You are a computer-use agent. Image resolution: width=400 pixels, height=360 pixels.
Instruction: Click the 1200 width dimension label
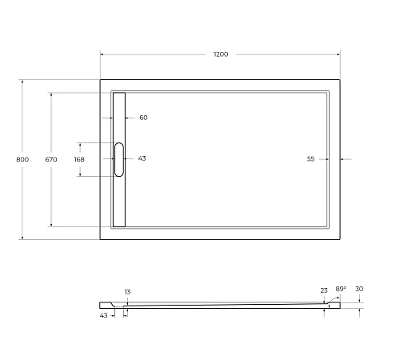(x=221, y=54)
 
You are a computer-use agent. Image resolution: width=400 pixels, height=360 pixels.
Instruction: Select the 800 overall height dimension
(x=22, y=159)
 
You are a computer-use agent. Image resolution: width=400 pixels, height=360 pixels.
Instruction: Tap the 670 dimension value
(x=51, y=159)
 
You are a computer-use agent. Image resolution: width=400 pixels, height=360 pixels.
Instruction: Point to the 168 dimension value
(x=79, y=159)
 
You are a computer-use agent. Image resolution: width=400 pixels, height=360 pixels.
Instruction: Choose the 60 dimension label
(x=143, y=118)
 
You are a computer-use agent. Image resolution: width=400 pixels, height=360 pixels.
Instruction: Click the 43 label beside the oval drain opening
(x=142, y=158)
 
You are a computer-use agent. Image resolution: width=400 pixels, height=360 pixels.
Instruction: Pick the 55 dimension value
(x=310, y=159)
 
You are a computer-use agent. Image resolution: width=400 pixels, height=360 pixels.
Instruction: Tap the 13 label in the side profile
(x=127, y=292)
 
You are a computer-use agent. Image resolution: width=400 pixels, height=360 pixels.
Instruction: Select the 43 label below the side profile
(x=104, y=315)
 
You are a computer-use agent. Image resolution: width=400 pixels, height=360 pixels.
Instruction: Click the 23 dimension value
(x=324, y=290)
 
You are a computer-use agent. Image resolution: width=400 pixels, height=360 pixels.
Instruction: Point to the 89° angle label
(x=340, y=289)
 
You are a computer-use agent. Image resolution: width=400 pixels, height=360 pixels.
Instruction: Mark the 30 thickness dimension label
(x=359, y=290)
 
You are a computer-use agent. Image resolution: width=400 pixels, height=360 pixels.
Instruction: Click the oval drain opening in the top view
(x=119, y=158)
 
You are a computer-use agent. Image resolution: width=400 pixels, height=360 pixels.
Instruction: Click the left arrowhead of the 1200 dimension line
(x=102, y=54)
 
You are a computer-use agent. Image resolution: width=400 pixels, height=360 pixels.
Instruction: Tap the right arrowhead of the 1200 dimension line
(x=340, y=54)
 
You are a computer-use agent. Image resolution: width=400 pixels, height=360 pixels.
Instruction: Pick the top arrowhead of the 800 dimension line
(x=22, y=81)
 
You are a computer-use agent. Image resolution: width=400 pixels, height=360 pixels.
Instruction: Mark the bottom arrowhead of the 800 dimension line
(x=22, y=238)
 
